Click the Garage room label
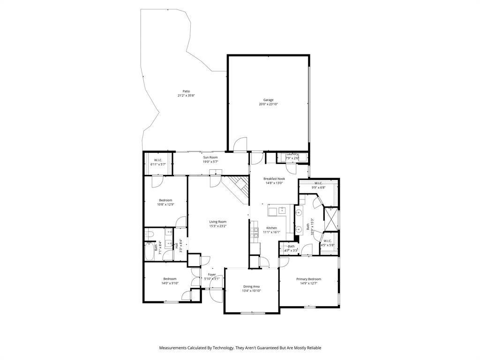pyautogui.click(x=268, y=100)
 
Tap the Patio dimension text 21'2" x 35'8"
pyautogui.click(x=186, y=96)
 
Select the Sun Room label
pyautogui.click(x=210, y=157)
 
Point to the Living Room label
pyautogui.click(x=217, y=222)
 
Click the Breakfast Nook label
pyautogui.click(x=274, y=179)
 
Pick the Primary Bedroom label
pyautogui.click(x=308, y=279)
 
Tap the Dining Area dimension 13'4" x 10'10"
pyautogui.click(x=251, y=291)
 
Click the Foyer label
pyautogui.click(x=212, y=274)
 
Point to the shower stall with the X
pyautogui.click(x=331, y=219)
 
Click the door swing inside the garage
pyautogui.click(x=240, y=144)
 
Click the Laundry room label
pyautogui.click(x=292, y=154)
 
